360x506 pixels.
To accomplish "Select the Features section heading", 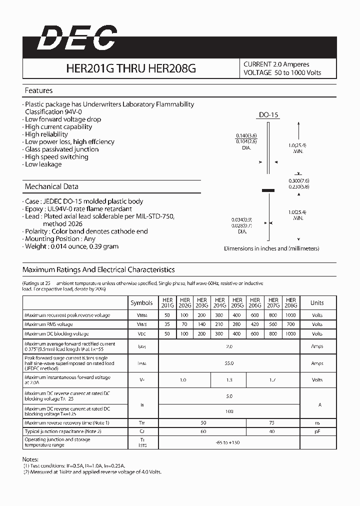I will tap(38, 90).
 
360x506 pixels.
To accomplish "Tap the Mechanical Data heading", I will tap(51, 186).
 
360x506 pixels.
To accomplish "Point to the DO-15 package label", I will tap(268, 115).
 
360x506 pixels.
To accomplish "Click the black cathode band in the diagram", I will tap(268, 190).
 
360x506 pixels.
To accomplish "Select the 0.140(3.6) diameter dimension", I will tap(246, 136).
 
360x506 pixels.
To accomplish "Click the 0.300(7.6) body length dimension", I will tap(298, 180).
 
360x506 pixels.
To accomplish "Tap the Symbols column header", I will tap(141, 303).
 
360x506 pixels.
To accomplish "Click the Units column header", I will tap(317, 303).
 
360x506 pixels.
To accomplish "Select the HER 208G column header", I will tap(291, 302).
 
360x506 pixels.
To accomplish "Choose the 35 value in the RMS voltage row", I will tap(166, 324).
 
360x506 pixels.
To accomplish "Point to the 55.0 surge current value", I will tap(229, 363).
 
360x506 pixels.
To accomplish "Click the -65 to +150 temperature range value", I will tap(229, 442).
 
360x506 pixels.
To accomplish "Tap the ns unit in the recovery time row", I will tap(317, 423).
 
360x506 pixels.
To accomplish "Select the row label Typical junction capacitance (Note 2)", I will tap(63, 431).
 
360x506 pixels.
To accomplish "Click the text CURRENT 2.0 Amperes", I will tap(276, 64).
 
